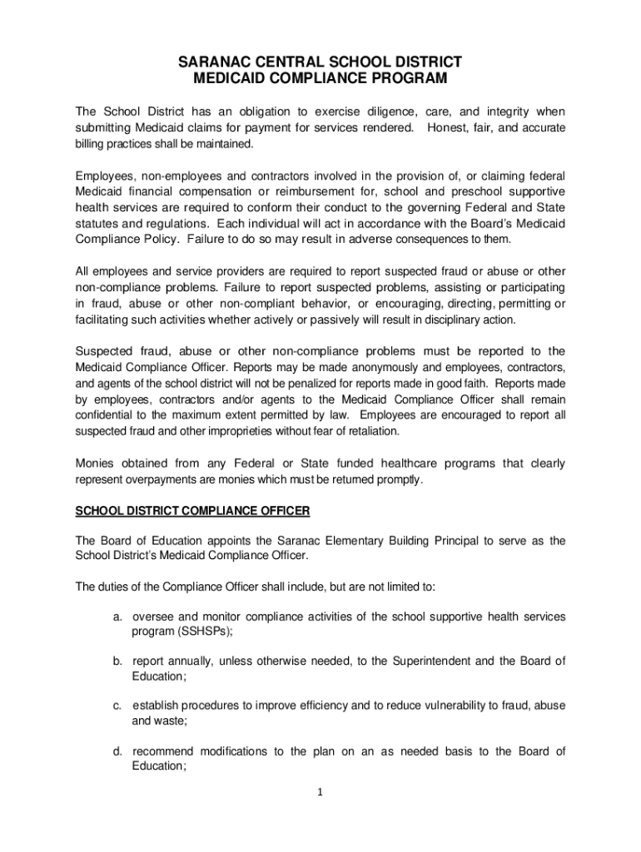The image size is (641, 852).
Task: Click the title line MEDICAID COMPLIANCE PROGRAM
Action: pyautogui.click(x=320, y=79)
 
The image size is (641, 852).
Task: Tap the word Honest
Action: pyautogui.click(x=450, y=127)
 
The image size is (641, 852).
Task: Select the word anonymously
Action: pyautogui.click(x=327, y=367)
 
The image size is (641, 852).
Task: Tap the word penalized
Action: pyautogui.click(x=291, y=383)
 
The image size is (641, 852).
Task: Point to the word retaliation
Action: pyautogui.click(x=369, y=431)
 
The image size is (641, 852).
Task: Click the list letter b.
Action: pyautogui.click(x=119, y=661)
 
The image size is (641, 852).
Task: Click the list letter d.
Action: pyautogui.click(x=119, y=751)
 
